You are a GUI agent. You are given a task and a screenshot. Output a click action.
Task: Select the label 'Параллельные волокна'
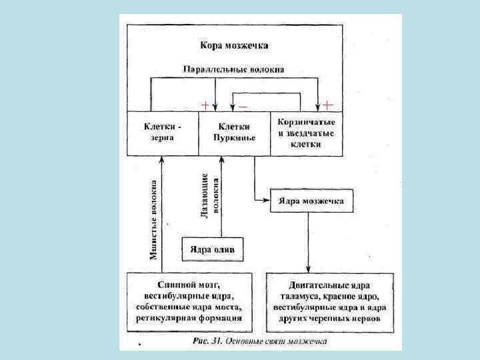click(x=233, y=69)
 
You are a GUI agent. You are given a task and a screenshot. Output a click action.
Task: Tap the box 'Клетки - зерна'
click(x=163, y=132)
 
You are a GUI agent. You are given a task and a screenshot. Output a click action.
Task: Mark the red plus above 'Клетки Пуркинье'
click(x=206, y=105)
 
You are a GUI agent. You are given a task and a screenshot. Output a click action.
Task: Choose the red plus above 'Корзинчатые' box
click(x=328, y=105)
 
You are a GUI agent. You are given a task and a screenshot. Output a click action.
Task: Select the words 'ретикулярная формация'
click(x=193, y=319)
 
